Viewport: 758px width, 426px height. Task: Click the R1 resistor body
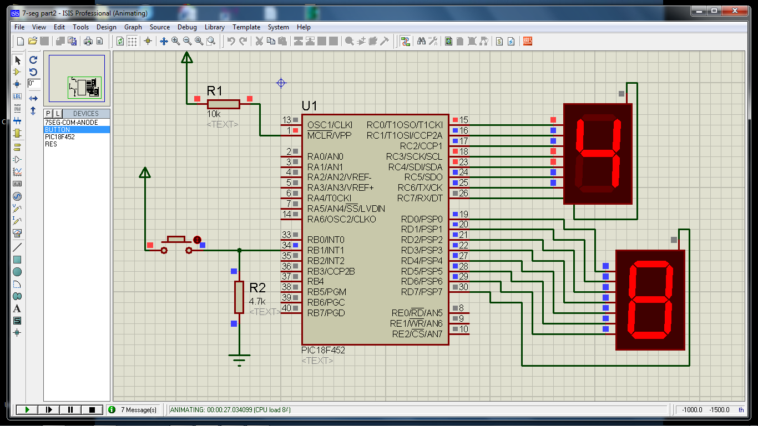pyautogui.click(x=223, y=104)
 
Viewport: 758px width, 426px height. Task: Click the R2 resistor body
pyautogui.click(x=239, y=297)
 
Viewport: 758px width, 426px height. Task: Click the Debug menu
pyautogui.click(x=187, y=27)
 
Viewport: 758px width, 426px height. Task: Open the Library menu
pyautogui.click(x=215, y=27)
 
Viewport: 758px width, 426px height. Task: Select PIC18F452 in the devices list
pyautogui.click(x=60, y=136)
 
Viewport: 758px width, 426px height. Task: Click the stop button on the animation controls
pyautogui.click(x=92, y=410)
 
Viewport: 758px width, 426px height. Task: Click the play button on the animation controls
pyautogui.click(x=27, y=410)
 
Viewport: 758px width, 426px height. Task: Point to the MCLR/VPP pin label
pyautogui.click(x=329, y=135)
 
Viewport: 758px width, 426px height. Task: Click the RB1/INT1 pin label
pyautogui.click(x=326, y=250)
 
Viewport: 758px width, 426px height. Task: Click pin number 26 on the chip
pyautogui.click(x=463, y=193)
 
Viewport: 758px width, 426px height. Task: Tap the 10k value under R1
pyautogui.click(x=214, y=114)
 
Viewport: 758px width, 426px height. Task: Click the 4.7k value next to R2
pyautogui.click(x=257, y=301)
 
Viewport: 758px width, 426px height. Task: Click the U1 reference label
pyautogui.click(x=309, y=106)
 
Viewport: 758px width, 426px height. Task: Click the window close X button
pyautogui.click(x=734, y=11)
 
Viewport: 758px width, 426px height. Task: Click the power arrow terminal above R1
pyautogui.click(x=187, y=58)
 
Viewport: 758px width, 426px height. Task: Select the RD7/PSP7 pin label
pyautogui.click(x=422, y=292)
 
